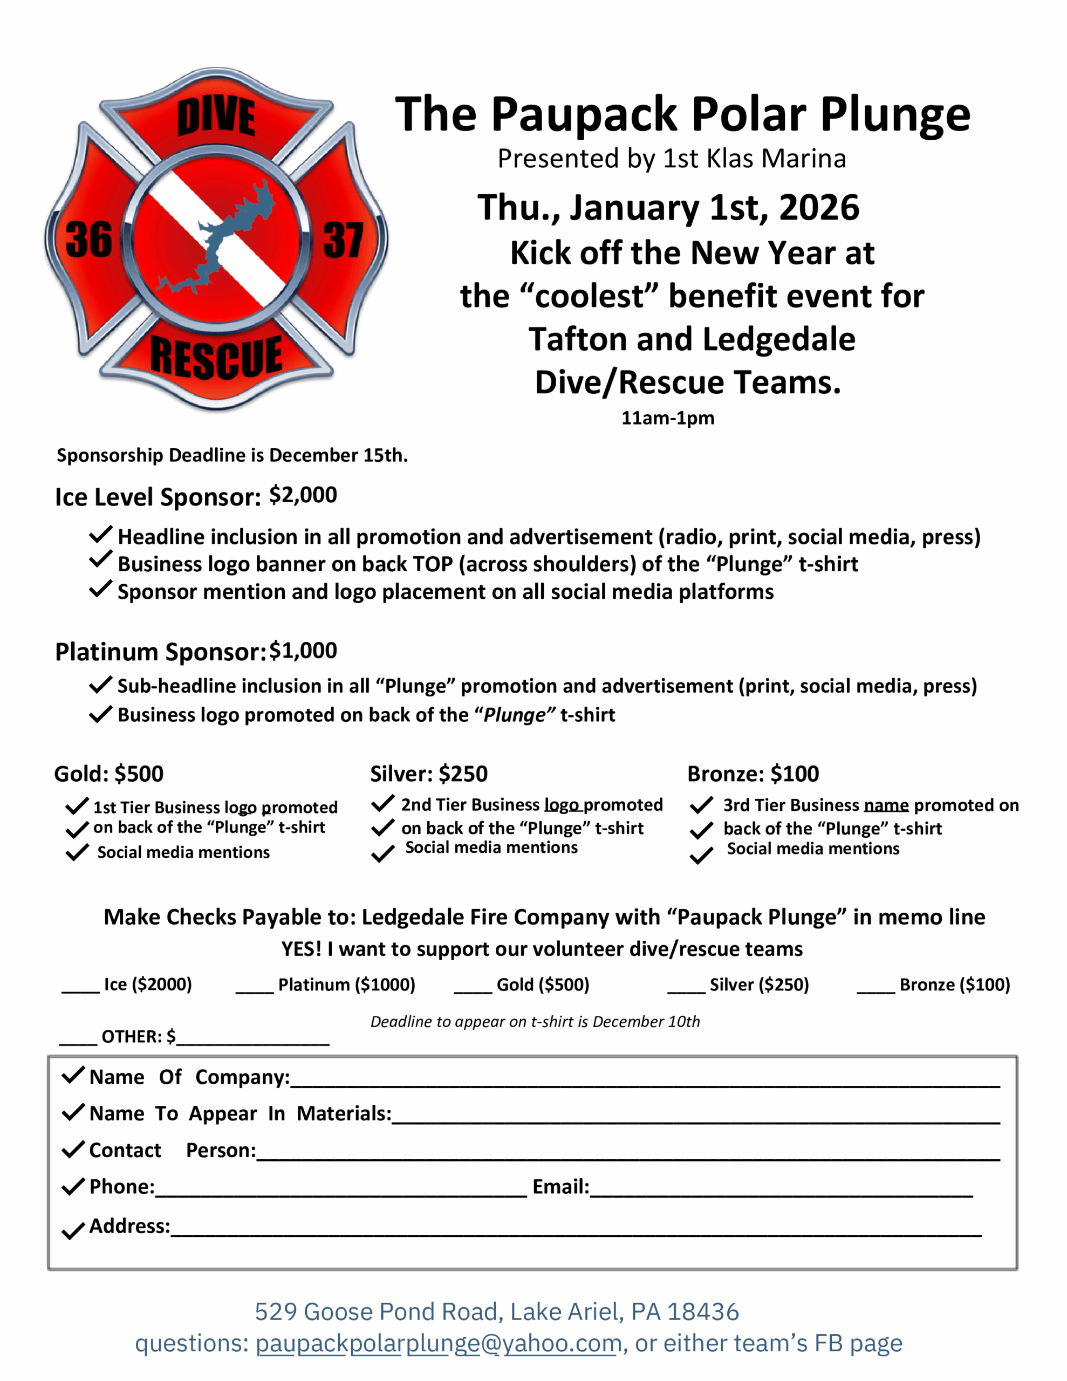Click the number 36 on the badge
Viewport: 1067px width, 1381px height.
tap(88, 240)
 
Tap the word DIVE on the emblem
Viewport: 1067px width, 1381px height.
tap(216, 117)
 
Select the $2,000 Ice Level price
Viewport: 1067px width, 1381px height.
tap(303, 495)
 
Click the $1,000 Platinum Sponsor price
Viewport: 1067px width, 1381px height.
tap(303, 651)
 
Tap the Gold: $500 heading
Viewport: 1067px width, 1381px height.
tap(109, 774)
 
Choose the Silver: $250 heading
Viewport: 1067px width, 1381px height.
tap(429, 774)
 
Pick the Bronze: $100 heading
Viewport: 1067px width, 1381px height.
tap(753, 774)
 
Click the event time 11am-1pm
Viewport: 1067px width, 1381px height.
tap(668, 418)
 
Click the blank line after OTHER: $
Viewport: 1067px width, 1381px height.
tap(253, 1040)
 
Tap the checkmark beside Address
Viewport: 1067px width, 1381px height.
tap(73, 1230)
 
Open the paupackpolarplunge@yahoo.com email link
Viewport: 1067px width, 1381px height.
tap(439, 1343)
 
